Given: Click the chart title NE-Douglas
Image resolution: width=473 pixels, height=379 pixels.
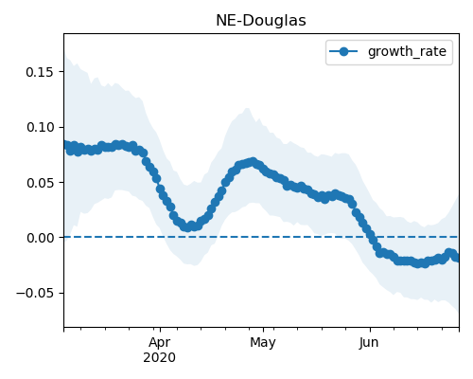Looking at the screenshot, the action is (x=261, y=21).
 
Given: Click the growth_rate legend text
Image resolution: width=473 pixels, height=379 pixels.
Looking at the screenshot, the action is (x=407, y=52).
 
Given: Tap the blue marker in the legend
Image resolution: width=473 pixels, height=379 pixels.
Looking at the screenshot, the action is (x=343, y=51).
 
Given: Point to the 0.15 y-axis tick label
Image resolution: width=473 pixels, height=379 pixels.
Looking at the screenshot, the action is (x=40, y=72).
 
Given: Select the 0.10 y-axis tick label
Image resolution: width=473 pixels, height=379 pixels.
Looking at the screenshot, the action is (x=40, y=127).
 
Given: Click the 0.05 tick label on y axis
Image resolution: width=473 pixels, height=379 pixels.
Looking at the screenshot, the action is (x=40, y=183).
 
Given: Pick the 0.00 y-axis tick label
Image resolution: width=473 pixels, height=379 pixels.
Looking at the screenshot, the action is (x=40, y=238).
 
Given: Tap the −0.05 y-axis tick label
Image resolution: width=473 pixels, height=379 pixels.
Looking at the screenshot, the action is (x=35, y=294).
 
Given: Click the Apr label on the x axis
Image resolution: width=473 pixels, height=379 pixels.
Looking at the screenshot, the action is (x=160, y=343).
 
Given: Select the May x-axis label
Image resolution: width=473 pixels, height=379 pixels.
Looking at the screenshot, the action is (x=263, y=342).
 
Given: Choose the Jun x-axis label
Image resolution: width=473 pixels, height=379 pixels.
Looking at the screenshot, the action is (x=369, y=342).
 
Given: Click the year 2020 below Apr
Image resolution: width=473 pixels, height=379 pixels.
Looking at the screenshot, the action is (x=159, y=358).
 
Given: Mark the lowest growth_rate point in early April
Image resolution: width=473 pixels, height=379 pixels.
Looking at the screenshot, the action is (x=187, y=227).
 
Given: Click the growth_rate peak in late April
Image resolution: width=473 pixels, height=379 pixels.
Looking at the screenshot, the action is (x=253, y=162).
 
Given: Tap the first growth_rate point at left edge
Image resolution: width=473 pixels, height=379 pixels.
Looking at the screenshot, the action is (x=67, y=145).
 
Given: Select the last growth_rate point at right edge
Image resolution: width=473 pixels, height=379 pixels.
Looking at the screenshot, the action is (x=456, y=258).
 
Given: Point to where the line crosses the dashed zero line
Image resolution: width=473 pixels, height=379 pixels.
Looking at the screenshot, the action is (x=371, y=237).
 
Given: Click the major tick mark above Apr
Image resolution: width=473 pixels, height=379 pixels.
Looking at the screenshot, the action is (x=160, y=330).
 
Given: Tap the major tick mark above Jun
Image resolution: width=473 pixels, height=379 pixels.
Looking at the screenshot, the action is (x=370, y=330).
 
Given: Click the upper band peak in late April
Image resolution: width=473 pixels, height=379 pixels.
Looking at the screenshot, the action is (x=248, y=108).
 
